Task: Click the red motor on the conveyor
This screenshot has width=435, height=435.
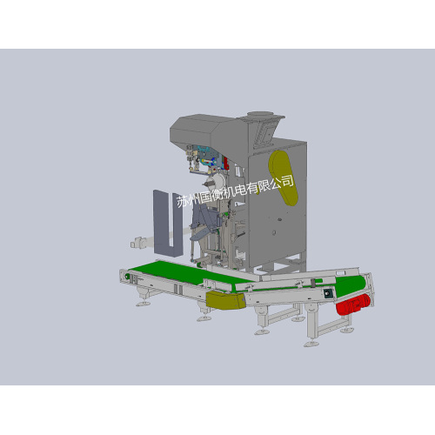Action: pyautogui.click(x=353, y=304)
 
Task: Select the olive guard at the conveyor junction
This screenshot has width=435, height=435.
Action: pyautogui.click(x=225, y=300)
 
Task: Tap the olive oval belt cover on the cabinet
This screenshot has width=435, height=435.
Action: pyautogui.click(x=283, y=177)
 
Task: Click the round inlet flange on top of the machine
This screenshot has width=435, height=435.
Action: pyautogui.click(x=260, y=114)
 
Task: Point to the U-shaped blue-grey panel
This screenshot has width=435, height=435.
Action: pyautogui.click(x=168, y=224)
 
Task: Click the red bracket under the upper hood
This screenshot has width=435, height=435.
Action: pyautogui.click(x=226, y=164)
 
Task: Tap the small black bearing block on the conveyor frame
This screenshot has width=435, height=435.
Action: pyautogui.click(x=328, y=293)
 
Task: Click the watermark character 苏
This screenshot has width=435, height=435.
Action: pyautogui.click(x=183, y=201)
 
